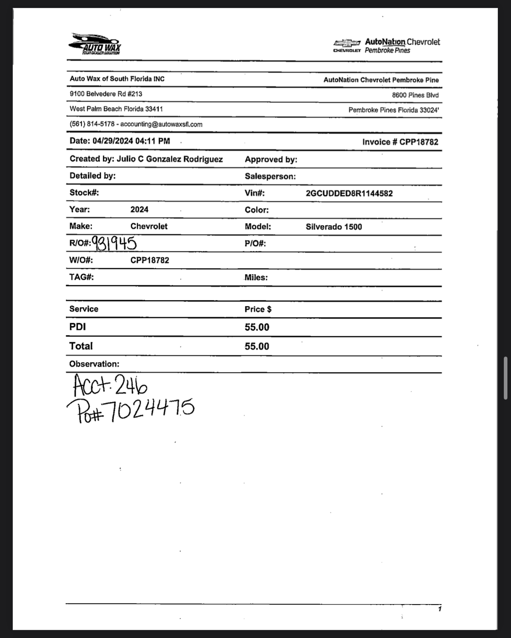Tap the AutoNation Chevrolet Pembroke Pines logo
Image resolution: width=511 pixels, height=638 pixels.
click(x=387, y=46)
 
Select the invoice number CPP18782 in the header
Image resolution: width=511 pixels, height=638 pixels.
click(x=419, y=142)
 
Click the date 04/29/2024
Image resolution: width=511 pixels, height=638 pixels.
click(x=113, y=141)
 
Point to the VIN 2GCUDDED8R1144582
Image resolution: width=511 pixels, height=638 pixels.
click(x=349, y=193)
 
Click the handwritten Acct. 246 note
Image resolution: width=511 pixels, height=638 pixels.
click(x=110, y=385)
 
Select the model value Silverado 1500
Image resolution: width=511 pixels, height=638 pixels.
click(x=334, y=227)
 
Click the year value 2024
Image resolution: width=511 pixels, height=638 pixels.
click(x=139, y=209)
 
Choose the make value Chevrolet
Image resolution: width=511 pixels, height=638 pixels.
click(x=149, y=226)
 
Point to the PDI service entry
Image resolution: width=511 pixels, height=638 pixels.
click(x=78, y=327)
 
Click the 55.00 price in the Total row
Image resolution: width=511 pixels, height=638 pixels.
click(x=257, y=346)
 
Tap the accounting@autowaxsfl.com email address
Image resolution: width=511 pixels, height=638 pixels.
click(x=161, y=124)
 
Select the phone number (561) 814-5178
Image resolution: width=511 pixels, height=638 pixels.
click(x=92, y=124)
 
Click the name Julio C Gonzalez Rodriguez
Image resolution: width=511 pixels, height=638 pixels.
click(x=170, y=159)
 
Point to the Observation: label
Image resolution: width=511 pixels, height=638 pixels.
click(x=94, y=364)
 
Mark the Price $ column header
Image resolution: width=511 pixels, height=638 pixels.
click(x=258, y=309)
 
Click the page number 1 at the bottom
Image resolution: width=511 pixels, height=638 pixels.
click(x=439, y=609)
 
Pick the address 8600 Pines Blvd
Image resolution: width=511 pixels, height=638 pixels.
click(x=415, y=95)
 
